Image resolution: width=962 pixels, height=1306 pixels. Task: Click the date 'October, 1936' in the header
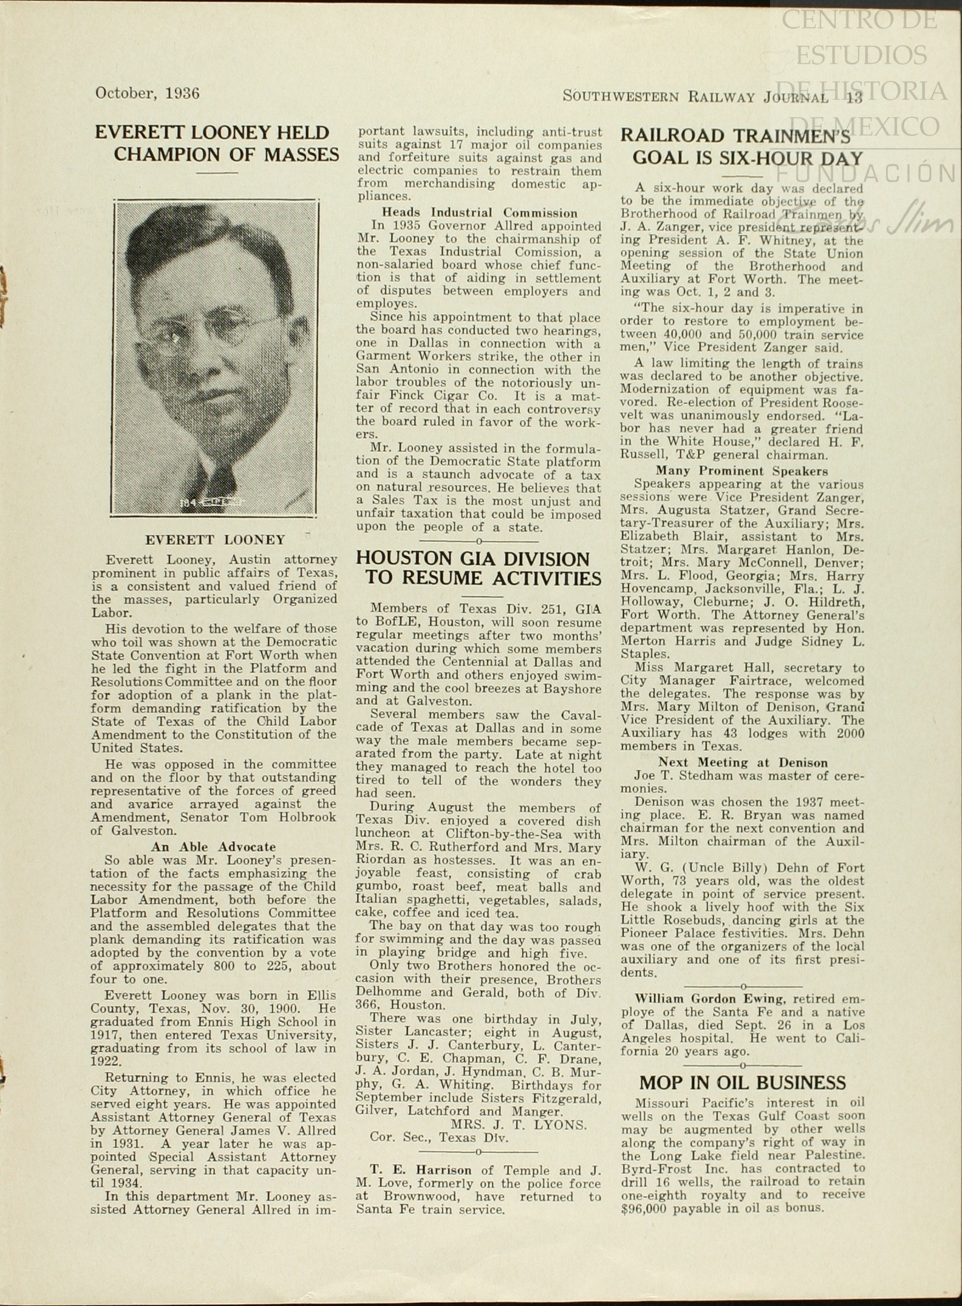coord(147,93)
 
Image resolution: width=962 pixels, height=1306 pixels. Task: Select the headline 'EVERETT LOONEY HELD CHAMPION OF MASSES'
coord(216,144)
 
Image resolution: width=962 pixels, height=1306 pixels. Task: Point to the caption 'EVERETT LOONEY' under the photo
coord(215,540)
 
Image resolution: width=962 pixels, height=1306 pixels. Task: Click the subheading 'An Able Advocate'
coord(213,847)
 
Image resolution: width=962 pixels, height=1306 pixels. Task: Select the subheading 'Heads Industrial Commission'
coord(479,213)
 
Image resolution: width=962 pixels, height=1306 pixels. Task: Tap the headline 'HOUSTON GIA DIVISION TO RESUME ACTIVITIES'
coord(478,569)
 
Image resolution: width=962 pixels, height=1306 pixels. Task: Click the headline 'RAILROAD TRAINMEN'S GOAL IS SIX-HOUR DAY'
coord(742,147)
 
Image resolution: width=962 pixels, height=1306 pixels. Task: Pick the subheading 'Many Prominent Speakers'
coord(742,471)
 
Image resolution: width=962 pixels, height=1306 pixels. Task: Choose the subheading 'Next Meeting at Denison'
coord(743,763)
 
